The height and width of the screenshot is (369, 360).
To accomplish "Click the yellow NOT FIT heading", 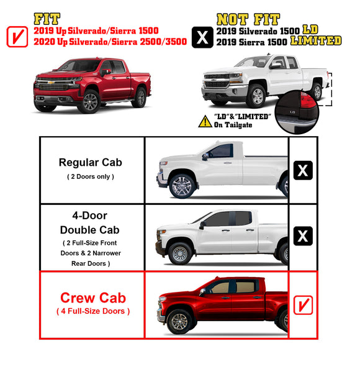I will pyautogui.click(x=248, y=19).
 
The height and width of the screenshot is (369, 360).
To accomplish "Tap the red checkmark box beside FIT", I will pyautogui.click(x=16, y=37).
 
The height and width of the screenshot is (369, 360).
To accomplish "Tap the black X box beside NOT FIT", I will pyautogui.click(x=202, y=37).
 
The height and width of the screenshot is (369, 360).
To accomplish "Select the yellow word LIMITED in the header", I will pyautogui.click(x=317, y=40).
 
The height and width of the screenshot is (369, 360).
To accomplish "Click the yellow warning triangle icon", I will pyautogui.click(x=204, y=121).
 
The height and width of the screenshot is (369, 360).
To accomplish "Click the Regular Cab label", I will pyautogui.click(x=90, y=162).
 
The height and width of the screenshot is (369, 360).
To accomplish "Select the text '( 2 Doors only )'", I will pyautogui.click(x=91, y=177).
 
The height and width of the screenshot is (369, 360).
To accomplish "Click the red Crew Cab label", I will pyautogui.click(x=91, y=298).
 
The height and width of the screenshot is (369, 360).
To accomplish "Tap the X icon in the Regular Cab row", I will pyautogui.click(x=302, y=170).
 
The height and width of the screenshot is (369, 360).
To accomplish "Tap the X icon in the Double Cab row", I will pyautogui.click(x=302, y=236).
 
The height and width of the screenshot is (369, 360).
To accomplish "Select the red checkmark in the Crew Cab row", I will pyautogui.click(x=302, y=304).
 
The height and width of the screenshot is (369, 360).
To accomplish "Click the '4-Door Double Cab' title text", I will pyautogui.click(x=91, y=223).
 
